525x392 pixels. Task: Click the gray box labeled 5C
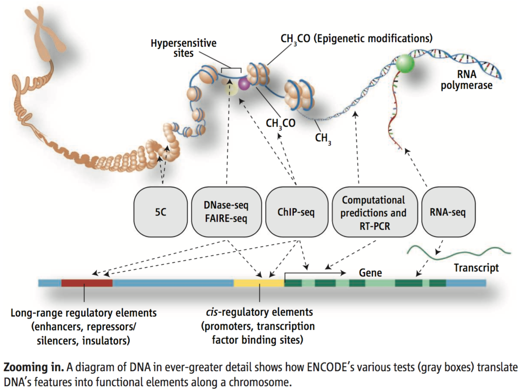[161, 212]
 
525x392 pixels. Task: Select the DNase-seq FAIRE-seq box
[226, 212]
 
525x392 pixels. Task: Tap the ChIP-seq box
[296, 212]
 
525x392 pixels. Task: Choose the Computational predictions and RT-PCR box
[374, 212]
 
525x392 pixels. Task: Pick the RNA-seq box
[448, 212]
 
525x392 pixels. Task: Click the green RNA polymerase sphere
[405, 63]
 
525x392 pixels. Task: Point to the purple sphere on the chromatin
[244, 84]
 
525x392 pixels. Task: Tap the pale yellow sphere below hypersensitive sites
[231, 89]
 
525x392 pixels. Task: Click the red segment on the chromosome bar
[87, 283]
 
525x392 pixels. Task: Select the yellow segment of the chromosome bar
[259, 283]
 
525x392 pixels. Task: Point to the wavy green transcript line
[459, 253]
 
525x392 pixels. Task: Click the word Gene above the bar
[371, 273]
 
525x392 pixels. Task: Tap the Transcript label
[477, 268]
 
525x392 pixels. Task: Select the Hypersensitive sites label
[184, 48]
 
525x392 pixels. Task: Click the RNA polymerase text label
[467, 80]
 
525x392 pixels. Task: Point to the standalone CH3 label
[323, 138]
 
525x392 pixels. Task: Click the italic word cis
[212, 312]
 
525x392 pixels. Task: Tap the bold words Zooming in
[34, 367]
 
